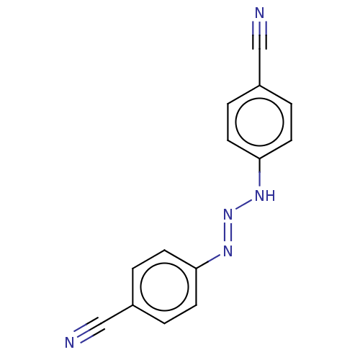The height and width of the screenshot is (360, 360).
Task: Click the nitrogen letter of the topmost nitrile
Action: click(x=260, y=13)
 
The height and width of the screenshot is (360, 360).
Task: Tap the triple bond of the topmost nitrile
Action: click(x=260, y=35)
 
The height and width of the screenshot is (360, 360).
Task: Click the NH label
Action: click(x=265, y=195)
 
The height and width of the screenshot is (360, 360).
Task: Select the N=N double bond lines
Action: click(x=228, y=233)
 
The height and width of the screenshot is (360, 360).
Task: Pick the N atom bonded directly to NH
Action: click(x=228, y=214)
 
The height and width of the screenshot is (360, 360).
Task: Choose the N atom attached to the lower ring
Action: click(x=228, y=251)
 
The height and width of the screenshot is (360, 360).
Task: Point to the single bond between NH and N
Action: click(x=243, y=204)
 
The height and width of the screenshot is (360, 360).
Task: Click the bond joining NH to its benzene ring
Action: click(x=260, y=172)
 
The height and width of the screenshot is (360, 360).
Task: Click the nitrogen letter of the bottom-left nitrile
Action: click(x=70, y=343)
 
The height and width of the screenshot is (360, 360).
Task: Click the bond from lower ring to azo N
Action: click(x=208, y=261)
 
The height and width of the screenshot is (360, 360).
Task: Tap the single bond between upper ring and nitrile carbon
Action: click(x=260, y=67)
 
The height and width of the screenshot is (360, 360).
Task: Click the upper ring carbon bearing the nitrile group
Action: click(x=260, y=86)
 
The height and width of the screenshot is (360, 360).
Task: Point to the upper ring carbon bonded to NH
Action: click(x=260, y=158)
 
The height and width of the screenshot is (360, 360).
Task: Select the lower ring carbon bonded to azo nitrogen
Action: click(x=197, y=269)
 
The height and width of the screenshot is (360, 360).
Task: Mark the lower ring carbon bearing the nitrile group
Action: click(x=132, y=305)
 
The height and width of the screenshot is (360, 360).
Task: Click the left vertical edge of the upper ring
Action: click(x=228, y=122)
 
